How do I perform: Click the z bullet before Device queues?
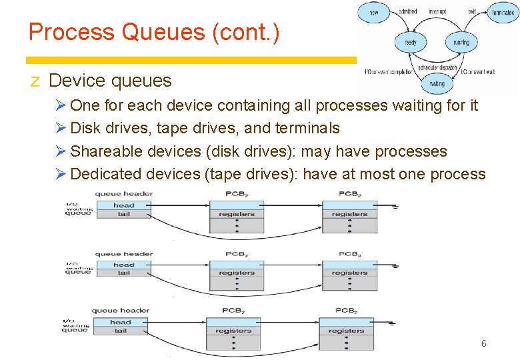[35, 81]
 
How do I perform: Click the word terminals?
[305, 128]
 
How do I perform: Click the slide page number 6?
[483, 343]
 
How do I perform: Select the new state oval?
[374, 12]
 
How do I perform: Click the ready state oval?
[411, 43]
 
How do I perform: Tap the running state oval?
[461, 43]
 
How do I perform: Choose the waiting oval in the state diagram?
[437, 84]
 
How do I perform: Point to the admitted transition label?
[408, 11]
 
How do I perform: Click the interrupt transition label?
[437, 11]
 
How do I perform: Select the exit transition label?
[471, 11]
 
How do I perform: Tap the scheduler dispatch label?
[437, 67]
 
